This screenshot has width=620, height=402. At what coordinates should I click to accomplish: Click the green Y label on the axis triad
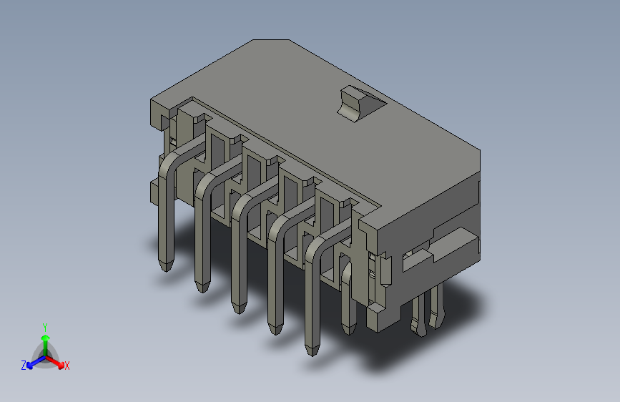44,326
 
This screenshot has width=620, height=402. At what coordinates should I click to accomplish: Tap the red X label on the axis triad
67,366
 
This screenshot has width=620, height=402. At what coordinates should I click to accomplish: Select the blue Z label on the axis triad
24,366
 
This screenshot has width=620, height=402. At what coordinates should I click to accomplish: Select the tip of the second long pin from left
202,285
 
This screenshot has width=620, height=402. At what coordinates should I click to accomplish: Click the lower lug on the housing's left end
154,191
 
